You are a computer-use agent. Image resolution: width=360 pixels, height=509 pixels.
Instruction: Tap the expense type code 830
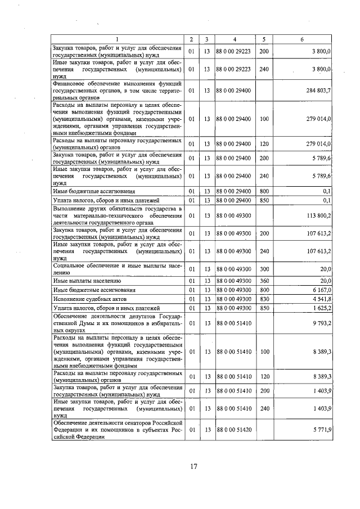[264, 299]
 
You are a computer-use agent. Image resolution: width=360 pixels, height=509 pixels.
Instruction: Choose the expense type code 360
[264, 280]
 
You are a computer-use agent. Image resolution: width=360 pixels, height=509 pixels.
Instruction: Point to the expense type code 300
[264, 269]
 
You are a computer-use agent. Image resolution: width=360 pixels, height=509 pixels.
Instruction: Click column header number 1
[117, 39]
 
